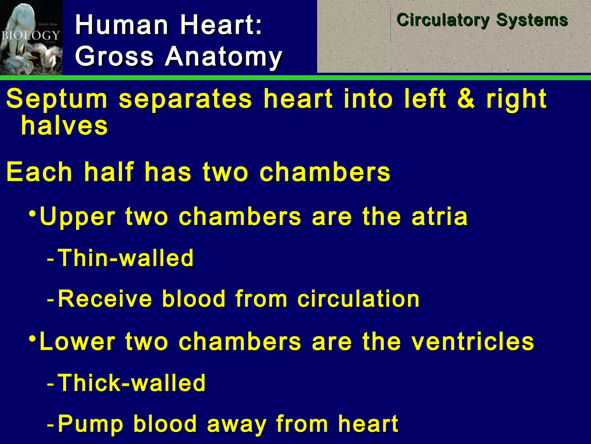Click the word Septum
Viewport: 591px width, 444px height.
tap(57, 99)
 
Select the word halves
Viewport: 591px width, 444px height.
tap(65, 126)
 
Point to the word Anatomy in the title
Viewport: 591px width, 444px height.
tap(223, 56)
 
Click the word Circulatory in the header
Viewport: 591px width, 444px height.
tap(443, 20)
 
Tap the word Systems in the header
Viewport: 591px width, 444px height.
tap(532, 20)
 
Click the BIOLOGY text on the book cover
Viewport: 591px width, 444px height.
tap(31, 36)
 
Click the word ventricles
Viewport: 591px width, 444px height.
tap(473, 342)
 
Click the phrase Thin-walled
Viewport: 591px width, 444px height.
tap(126, 258)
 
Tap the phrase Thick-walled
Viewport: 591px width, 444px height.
tap(132, 383)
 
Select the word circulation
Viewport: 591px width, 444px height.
tap(358, 299)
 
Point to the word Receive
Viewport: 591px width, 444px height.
tap(105, 299)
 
